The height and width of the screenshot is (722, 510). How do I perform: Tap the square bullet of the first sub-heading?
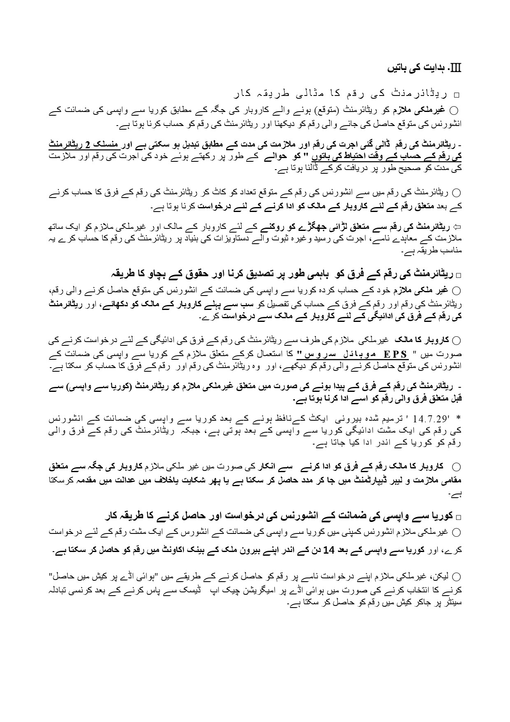(x=455, y=95)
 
